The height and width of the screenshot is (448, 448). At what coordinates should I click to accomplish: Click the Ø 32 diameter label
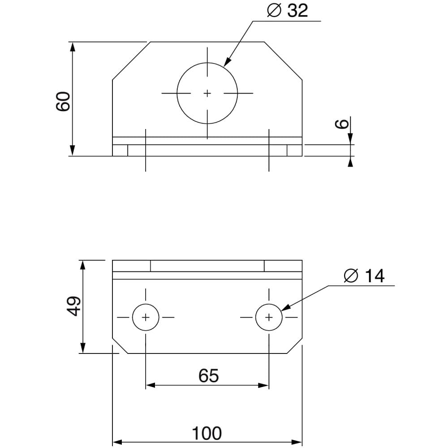pyautogui.click(x=288, y=11)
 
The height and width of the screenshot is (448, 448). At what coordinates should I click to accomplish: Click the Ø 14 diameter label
pyautogui.click(x=364, y=276)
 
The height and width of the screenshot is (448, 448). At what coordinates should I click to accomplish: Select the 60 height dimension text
pyautogui.click(x=63, y=101)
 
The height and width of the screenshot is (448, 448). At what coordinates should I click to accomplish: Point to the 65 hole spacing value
pyautogui.click(x=208, y=376)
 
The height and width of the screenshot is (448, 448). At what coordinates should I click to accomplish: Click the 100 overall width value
pyautogui.click(x=207, y=433)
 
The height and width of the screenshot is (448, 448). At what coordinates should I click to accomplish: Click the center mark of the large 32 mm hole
pyautogui.click(x=207, y=93)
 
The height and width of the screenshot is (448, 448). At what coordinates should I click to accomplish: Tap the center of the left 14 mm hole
pyautogui.click(x=146, y=317)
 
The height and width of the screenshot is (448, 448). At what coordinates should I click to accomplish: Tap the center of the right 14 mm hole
pyautogui.click(x=269, y=317)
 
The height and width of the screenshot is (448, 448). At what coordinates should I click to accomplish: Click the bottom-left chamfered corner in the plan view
pyautogui.click(x=120, y=345)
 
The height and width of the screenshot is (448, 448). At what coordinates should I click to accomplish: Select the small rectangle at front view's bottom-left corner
pyautogui.click(x=120, y=151)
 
